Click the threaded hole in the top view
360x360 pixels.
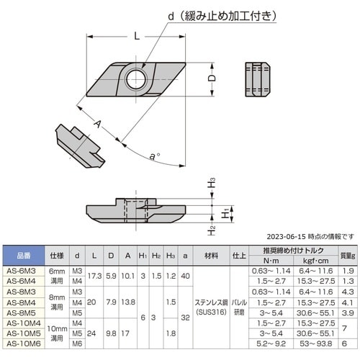tap(135, 78)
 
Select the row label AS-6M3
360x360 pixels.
tap(22, 271)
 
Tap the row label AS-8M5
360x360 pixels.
tap(22, 312)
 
